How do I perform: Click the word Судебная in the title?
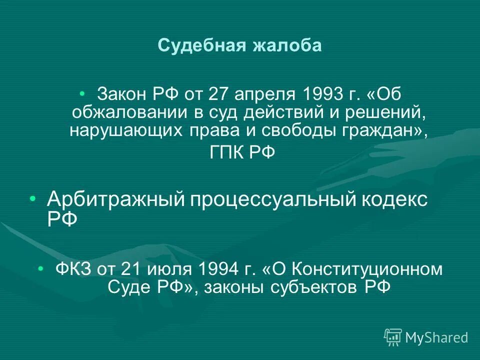(198, 45)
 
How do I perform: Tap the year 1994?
(216, 269)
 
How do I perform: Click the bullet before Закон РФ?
(83, 93)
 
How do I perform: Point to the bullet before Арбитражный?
(33, 199)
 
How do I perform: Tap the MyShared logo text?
(436, 337)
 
